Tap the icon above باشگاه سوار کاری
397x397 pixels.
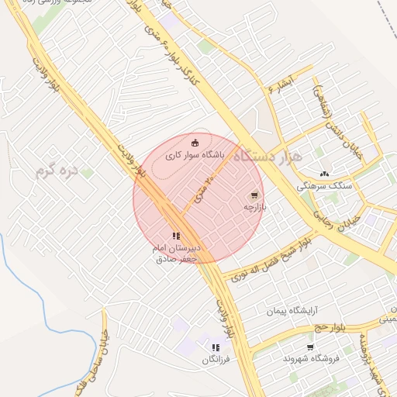195,142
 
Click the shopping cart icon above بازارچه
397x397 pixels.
254,195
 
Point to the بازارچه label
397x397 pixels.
254,207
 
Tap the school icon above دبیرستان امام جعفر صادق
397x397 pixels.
176,236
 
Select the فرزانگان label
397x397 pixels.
216,360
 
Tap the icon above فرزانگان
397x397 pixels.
215,348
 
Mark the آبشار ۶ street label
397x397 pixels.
281,85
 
